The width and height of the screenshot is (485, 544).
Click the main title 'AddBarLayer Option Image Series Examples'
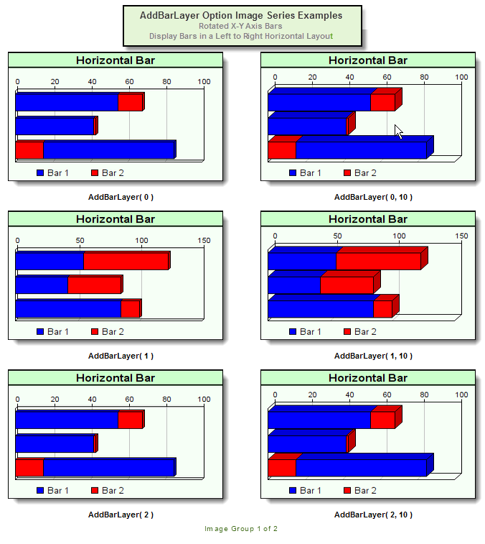click(242, 15)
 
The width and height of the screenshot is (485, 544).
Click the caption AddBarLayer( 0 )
click(121, 197)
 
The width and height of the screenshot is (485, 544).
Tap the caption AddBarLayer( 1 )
click(121, 356)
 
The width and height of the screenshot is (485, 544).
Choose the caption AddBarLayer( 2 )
click(121, 515)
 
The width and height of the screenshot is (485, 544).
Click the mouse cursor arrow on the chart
click(398, 132)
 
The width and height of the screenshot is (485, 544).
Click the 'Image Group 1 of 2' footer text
click(241, 529)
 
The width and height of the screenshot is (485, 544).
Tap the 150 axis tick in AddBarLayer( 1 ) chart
click(204, 240)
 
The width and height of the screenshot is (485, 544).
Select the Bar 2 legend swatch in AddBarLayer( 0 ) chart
click(95, 172)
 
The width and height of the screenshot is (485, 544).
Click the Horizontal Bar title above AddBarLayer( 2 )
click(116, 378)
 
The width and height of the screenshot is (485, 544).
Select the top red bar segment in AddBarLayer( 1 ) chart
click(126, 261)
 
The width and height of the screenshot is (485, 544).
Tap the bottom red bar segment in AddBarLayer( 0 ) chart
click(29, 149)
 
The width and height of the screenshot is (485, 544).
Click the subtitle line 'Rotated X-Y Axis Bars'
click(241, 26)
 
